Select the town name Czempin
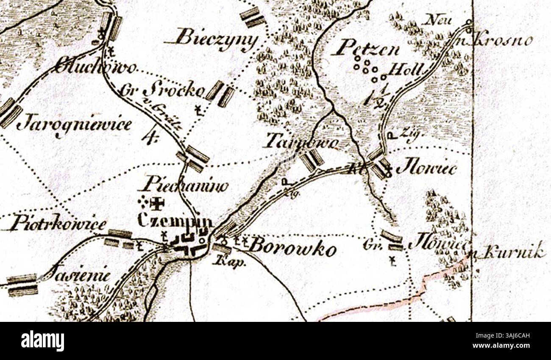tap(175, 221)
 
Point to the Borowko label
tap(292, 248)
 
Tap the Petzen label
tap(365, 49)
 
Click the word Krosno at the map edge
tap(504, 40)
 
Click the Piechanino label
tap(183, 186)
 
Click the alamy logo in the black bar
tap(42, 341)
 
